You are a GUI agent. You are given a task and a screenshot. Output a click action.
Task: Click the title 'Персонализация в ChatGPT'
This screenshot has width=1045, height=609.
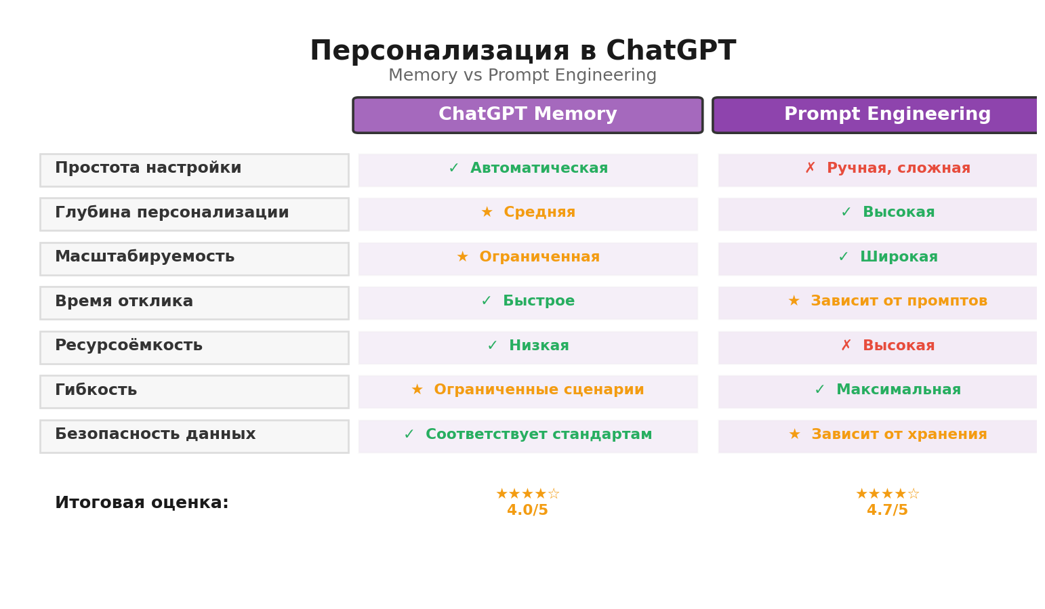[x=522, y=51]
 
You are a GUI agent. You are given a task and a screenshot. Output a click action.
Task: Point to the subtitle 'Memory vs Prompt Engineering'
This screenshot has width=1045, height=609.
[x=522, y=76]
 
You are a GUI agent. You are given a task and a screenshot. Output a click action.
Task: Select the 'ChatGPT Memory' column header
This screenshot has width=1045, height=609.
[x=527, y=115]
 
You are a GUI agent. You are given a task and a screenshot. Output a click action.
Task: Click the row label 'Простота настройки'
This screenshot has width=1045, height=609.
[x=148, y=169]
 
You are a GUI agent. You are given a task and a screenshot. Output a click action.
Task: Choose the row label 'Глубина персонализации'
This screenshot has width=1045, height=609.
[x=171, y=213]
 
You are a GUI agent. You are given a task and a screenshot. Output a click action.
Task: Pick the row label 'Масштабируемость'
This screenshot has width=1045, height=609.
[x=144, y=257]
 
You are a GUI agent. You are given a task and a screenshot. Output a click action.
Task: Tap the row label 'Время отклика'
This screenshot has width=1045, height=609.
[x=124, y=302]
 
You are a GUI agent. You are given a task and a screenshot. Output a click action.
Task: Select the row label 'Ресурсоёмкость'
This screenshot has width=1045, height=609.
[x=129, y=346]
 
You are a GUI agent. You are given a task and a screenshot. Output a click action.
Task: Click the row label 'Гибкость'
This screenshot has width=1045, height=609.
[x=96, y=391]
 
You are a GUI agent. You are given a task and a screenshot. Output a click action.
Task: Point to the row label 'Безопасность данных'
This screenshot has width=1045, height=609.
[x=155, y=435]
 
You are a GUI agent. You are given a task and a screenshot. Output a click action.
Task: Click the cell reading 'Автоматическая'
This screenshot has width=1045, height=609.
[x=539, y=169]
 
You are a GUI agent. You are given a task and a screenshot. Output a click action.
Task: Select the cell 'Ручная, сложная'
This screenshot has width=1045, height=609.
[x=898, y=169]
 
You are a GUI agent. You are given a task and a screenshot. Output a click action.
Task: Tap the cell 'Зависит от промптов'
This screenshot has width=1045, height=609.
[x=899, y=301]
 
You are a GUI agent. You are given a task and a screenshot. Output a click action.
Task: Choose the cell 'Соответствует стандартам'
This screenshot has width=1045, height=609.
[x=538, y=435]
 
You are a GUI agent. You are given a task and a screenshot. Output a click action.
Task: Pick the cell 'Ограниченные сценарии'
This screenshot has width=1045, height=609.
[x=538, y=390]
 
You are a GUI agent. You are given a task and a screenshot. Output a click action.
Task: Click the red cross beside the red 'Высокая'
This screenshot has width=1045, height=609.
[x=846, y=346]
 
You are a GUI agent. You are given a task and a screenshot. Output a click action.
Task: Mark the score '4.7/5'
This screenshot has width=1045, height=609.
[x=886, y=511]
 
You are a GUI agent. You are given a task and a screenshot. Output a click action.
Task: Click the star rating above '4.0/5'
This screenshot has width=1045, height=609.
[x=527, y=495]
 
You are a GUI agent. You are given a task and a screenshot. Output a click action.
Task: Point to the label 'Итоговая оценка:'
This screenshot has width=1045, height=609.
[x=142, y=503]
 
